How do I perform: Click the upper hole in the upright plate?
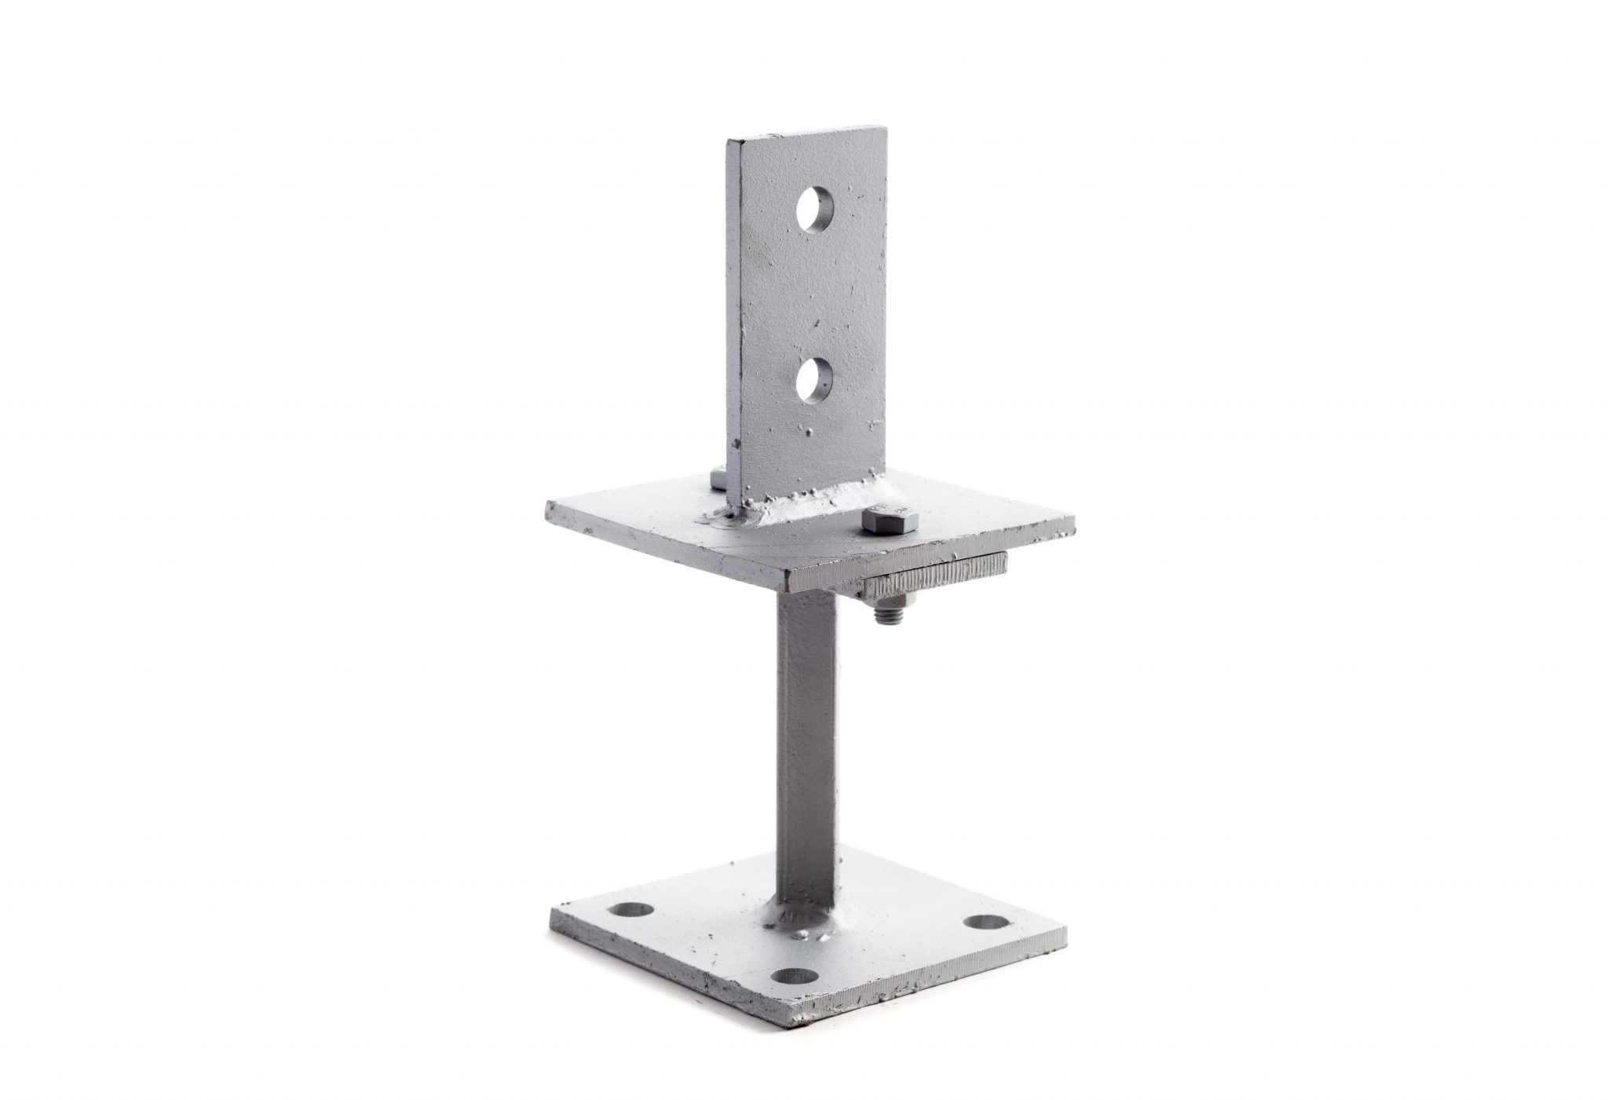click(x=814, y=208)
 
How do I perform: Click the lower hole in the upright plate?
click(x=814, y=380)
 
